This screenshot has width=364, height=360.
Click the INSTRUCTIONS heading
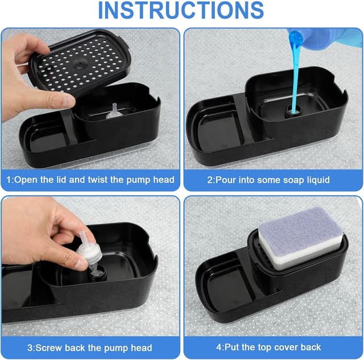(181, 10)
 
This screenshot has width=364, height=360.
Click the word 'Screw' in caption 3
(48, 347)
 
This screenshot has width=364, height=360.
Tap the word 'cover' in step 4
(286, 347)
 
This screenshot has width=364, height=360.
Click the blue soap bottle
(325, 38)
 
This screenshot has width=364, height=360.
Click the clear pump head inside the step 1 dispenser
(114, 111)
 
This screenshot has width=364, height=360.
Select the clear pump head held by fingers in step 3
(89, 251)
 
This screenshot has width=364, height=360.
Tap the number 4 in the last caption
(218, 347)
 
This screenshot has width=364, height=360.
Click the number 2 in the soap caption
(210, 180)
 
